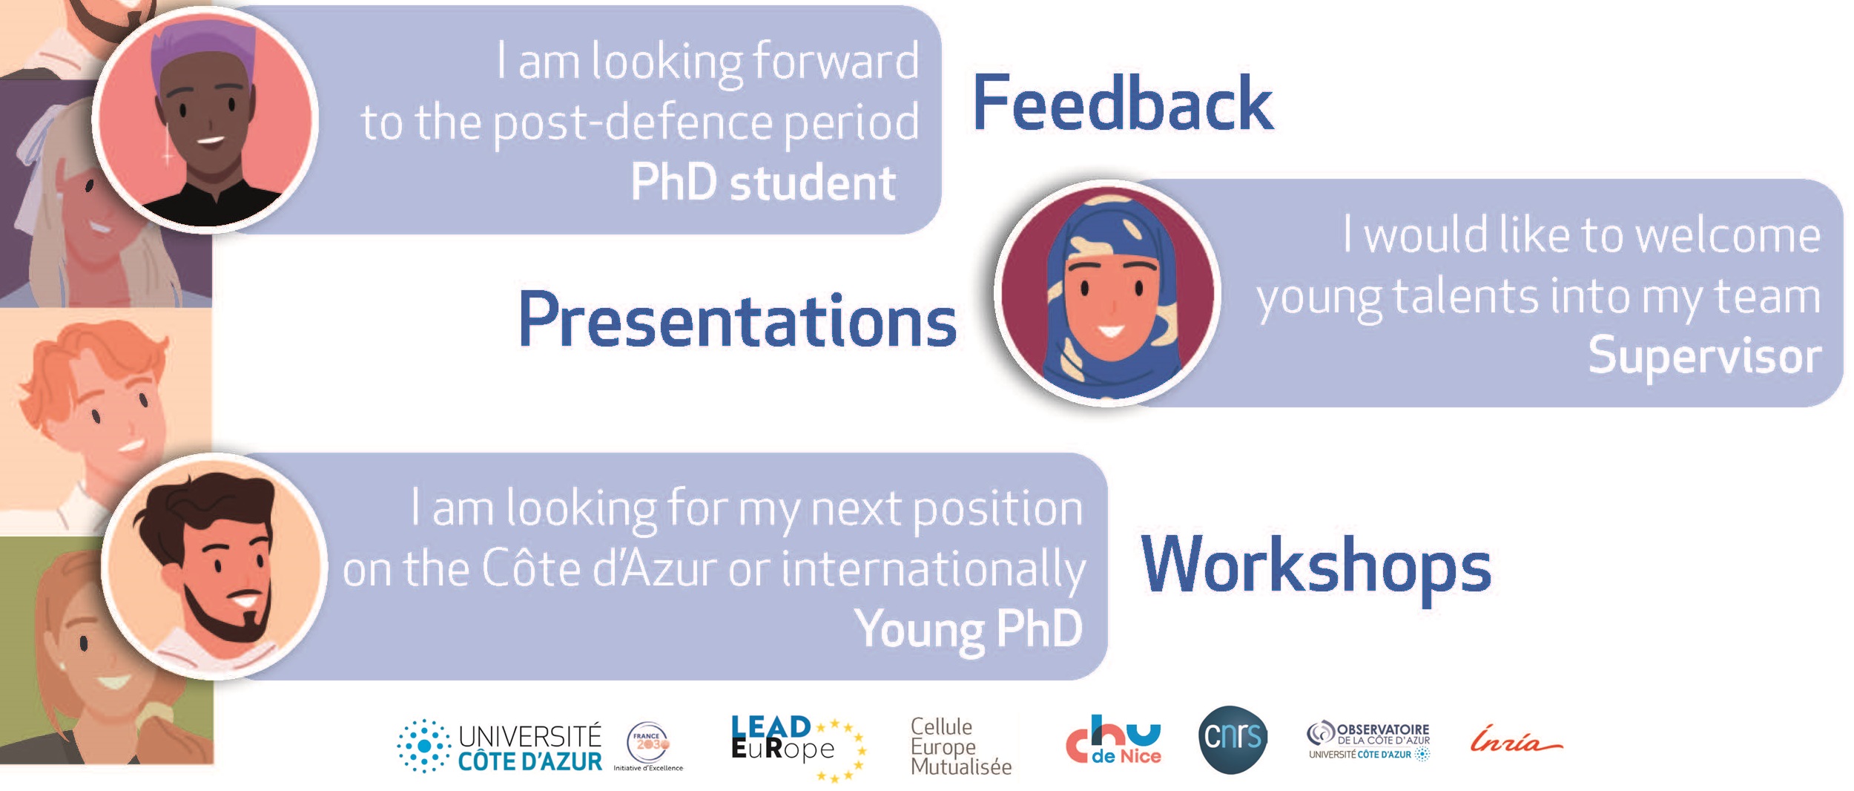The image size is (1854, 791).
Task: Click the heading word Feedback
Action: point(1123,103)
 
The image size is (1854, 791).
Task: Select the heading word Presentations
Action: point(738,320)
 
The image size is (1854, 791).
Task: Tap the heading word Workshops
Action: point(1316,566)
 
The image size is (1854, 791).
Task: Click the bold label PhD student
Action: point(763,183)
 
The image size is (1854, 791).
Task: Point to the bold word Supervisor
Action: point(1704,355)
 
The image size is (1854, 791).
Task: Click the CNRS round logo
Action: point(1233,739)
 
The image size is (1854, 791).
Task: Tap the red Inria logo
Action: point(1516,741)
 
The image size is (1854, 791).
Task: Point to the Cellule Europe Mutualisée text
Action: point(961,746)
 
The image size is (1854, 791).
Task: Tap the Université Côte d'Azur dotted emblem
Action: point(423,746)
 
